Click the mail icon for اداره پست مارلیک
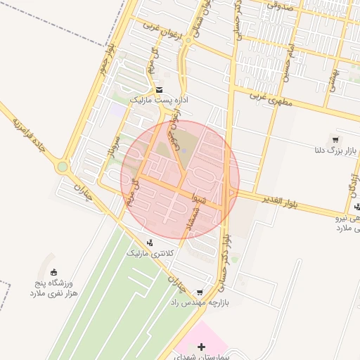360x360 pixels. click(160, 90)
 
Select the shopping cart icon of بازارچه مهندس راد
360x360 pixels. click(200, 292)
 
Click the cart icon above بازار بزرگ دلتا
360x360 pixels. click(335, 139)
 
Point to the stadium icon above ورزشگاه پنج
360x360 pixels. click(54, 272)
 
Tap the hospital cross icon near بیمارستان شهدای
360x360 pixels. click(202, 347)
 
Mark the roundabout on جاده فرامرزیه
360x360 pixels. click(63, 167)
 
